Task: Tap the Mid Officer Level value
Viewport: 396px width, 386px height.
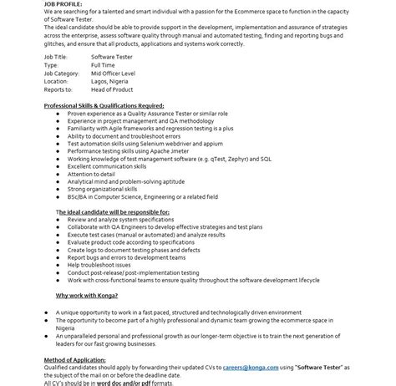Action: (x=112, y=74)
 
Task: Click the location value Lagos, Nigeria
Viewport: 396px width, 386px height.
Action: (x=110, y=82)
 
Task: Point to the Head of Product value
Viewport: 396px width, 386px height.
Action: (x=113, y=90)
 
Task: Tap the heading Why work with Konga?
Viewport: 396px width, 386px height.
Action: (x=87, y=296)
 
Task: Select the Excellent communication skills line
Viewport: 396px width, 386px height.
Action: (x=107, y=165)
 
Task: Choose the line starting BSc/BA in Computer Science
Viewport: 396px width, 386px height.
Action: (x=142, y=196)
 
